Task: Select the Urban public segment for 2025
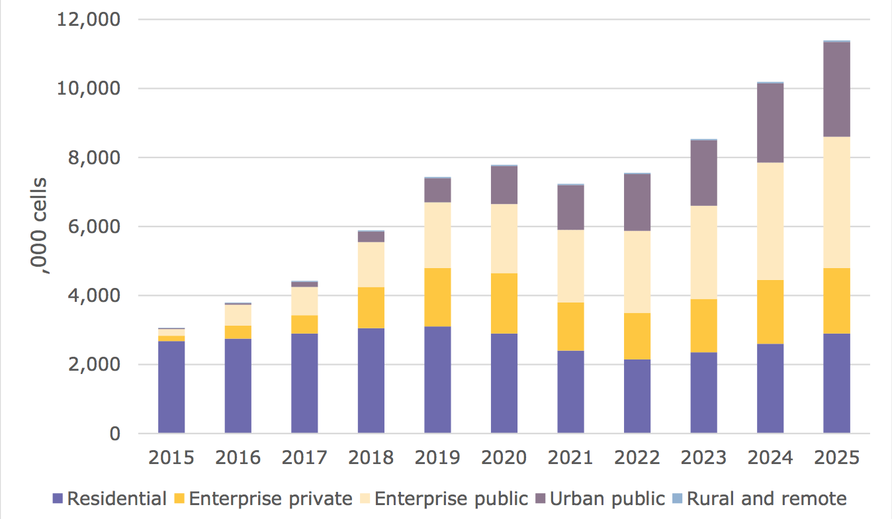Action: coord(836,89)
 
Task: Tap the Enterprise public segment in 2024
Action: coord(770,221)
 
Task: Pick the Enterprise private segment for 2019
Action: coord(437,297)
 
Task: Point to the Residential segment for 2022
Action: coord(637,397)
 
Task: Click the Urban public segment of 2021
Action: coord(570,207)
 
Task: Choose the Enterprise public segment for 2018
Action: coord(371,264)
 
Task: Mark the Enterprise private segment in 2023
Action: coord(703,326)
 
